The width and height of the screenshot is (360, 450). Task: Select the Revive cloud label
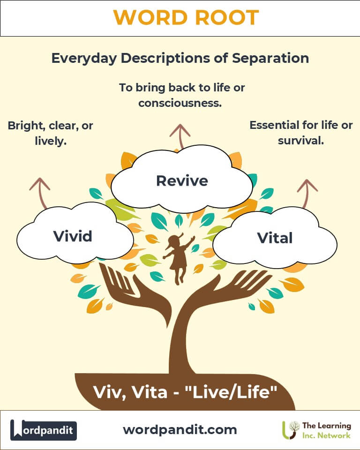click(x=182, y=180)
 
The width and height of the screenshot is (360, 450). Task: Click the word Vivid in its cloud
click(x=73, y=236)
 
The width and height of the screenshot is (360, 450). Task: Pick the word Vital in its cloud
click(x=275, y=238)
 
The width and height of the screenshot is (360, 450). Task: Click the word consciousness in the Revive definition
click(x=180, y=103)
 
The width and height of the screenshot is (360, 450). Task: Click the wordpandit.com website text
click(x=180, y=429)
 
